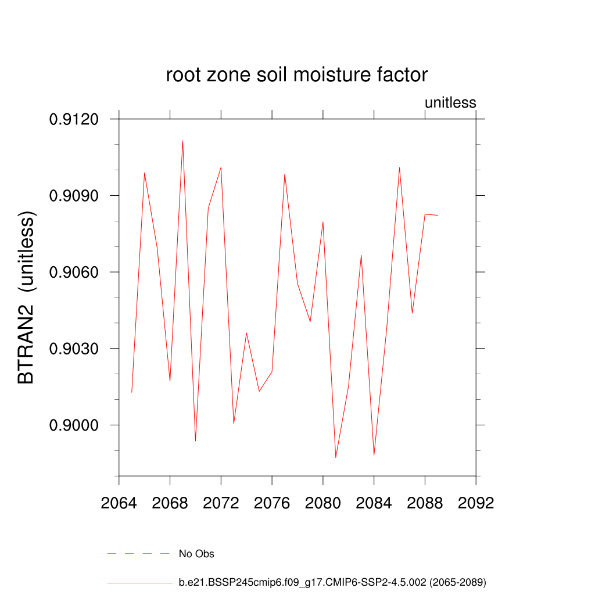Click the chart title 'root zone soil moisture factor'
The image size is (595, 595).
pyautogui.click(x=297, y=75)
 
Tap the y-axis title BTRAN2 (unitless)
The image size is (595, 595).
pyautogui.click(x=27, y=297)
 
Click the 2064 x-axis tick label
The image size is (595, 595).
pyautogui.click(x=119, y=503)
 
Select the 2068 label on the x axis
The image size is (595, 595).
pyautogui.click(x=170, y=503)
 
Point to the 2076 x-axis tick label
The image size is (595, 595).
pyautogui.click(x=272, y=503)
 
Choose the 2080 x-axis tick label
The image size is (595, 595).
pyautogui.click(x=323, y=503)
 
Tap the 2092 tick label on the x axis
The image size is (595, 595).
pyautogui.click(x=476, y=503)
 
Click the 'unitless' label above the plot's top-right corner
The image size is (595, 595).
pyautogui.click(x=450, y=103)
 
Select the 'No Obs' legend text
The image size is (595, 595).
pyautogui.click(x=196, y=554)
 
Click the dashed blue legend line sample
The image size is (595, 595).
pyautogui.click(x=138, y=554)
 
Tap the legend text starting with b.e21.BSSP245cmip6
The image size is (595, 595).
pyautogui.click(x=332, y=582)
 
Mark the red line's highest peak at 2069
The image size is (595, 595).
pyautogui.click(x=182, y=141)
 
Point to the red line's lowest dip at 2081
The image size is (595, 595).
pyautogui.click(x=336, y=457)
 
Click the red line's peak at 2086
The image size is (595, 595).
pyautogui.click(x=399, y=167)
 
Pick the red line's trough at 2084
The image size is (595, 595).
pyautogui.click(x=374, y=454)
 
